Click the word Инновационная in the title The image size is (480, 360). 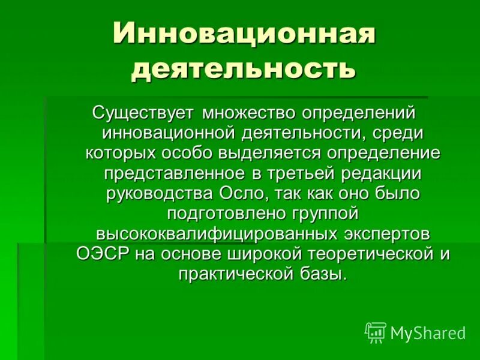click(x=244, y=32)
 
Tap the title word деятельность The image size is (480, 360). click(x=244, y=68)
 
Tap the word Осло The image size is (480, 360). click(x=239, y=193)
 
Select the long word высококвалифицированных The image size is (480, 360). click(x=220, y=233)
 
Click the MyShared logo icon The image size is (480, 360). click(x=376, y=332)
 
